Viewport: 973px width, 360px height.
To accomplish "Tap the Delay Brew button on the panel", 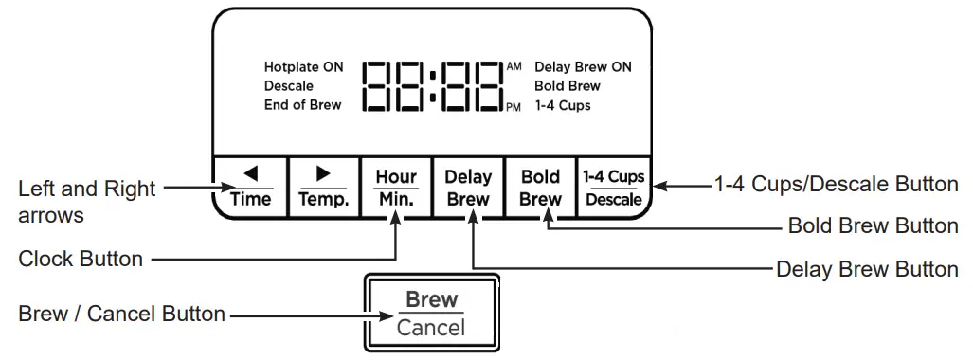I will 468,188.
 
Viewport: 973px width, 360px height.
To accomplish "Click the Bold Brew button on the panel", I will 541,188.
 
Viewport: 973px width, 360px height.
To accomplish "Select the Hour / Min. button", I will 396,188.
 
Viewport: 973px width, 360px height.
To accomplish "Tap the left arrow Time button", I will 250,188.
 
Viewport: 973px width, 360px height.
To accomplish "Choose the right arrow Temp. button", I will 323,188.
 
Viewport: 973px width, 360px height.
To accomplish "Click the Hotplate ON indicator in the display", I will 303,67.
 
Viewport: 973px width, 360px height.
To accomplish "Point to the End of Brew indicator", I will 302,105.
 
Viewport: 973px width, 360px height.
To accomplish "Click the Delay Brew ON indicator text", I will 583,67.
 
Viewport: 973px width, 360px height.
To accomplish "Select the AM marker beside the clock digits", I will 514,66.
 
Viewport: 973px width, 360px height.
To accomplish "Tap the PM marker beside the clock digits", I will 514,107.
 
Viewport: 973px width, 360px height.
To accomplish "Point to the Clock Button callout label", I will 81,258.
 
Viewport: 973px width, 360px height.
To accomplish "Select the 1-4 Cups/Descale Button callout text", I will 836,184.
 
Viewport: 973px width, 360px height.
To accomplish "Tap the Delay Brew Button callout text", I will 867,269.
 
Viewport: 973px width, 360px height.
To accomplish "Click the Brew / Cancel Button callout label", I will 121,314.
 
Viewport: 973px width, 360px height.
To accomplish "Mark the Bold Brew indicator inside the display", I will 567,86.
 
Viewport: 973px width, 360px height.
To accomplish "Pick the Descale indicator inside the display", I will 288,86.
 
